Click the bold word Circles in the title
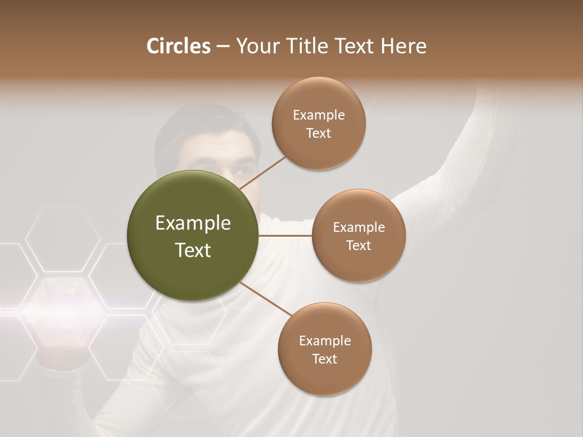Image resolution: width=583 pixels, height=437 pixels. [x=178, y=46]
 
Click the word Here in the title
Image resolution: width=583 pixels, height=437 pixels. [x=404, y=46]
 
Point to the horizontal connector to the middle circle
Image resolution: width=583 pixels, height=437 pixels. [x=285, y=235]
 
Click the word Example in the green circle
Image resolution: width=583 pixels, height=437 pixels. [x=193, y=223]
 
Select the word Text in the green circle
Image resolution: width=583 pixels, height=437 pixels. [x=193, y=250]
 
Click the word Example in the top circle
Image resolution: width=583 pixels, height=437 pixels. [x=319, y=115]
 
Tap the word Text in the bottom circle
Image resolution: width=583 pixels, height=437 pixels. [x=325, y=359]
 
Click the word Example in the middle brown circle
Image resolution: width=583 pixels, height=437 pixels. [x=359, y=228]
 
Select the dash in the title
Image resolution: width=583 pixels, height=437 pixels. [x=222, y=47]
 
